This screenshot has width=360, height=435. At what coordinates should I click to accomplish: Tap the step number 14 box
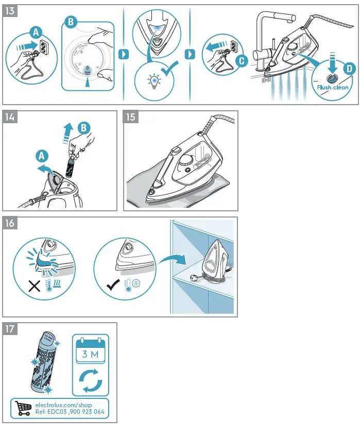[x=10, y=117]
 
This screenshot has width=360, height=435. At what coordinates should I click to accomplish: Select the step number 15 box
[x=131, y=117]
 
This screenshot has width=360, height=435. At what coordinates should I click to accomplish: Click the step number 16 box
[x=10, y=223]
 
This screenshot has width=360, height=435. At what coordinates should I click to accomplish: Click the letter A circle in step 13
[x=35, y=31]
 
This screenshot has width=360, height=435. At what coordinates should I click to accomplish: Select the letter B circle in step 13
[x=71, y=22]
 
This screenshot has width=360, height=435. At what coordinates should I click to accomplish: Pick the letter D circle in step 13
[x=349, y=69]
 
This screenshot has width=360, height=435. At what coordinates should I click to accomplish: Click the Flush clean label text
[x=333, y=87]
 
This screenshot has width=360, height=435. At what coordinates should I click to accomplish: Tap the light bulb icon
[x=153, y=80]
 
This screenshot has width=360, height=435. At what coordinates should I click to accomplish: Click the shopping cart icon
[x=23, y=408]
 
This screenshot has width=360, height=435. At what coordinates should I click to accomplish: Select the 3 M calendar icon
[x=90, y=350]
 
